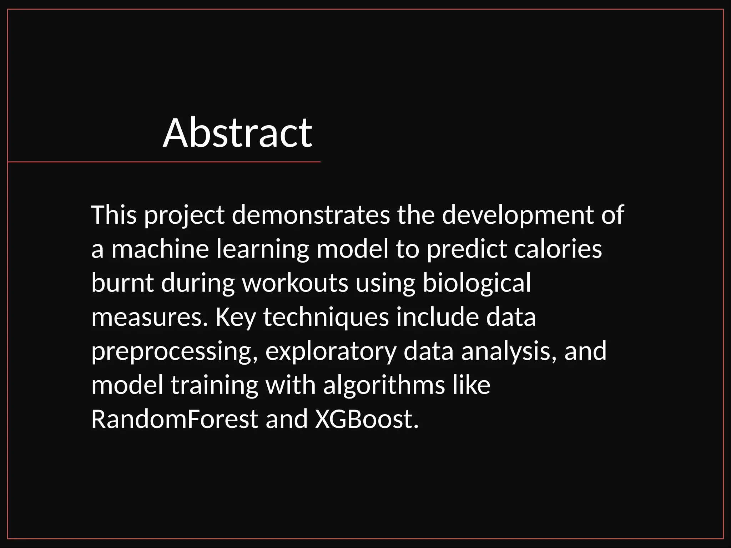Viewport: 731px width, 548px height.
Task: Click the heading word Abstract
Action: pyautogui.click(x=237, y=133)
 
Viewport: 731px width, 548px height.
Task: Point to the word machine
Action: pyautogui.click(x=160, y=249)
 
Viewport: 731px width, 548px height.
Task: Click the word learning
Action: pyautogui.click(x=263, y=249)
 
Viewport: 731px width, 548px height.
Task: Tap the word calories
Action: pyautogui.click(x=558, y=249)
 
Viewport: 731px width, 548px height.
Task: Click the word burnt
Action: pyautogui.click(x=122, y=283)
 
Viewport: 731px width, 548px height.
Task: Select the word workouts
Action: pyautogui.click(x=295, y=283)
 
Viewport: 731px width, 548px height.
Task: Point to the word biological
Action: pyautogui.click(x=477, y=283)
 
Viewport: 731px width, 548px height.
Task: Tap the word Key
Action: pyautogui.click(x=236, y=317)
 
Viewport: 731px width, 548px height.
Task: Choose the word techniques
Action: pyautogui.click(x=326, y=317)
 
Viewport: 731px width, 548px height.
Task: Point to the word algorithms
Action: pyautogui.click(x=384, y=385)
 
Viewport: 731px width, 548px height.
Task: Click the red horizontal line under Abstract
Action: pyautogui.click(x=164, y=162)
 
